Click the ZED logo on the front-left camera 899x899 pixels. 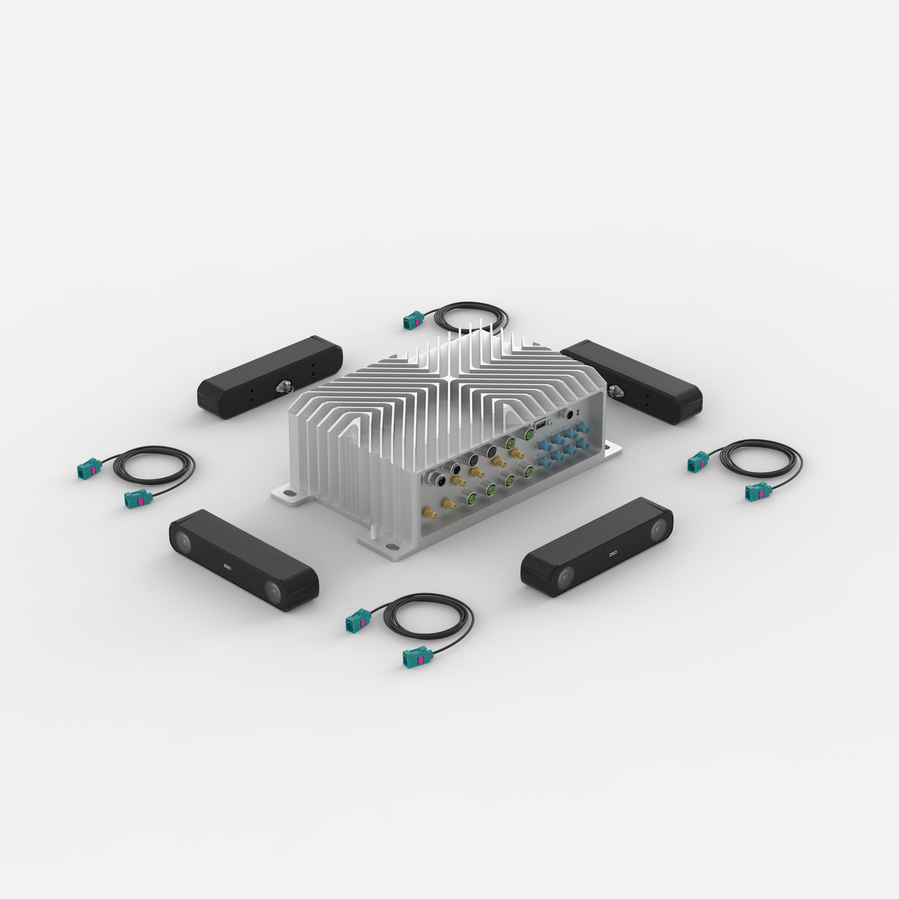click(x=227, y=567)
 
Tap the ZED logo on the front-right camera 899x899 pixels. click(x=612, y=554)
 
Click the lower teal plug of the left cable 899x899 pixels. click(x=137, y=499)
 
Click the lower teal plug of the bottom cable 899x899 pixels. click(x=417, y=658)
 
